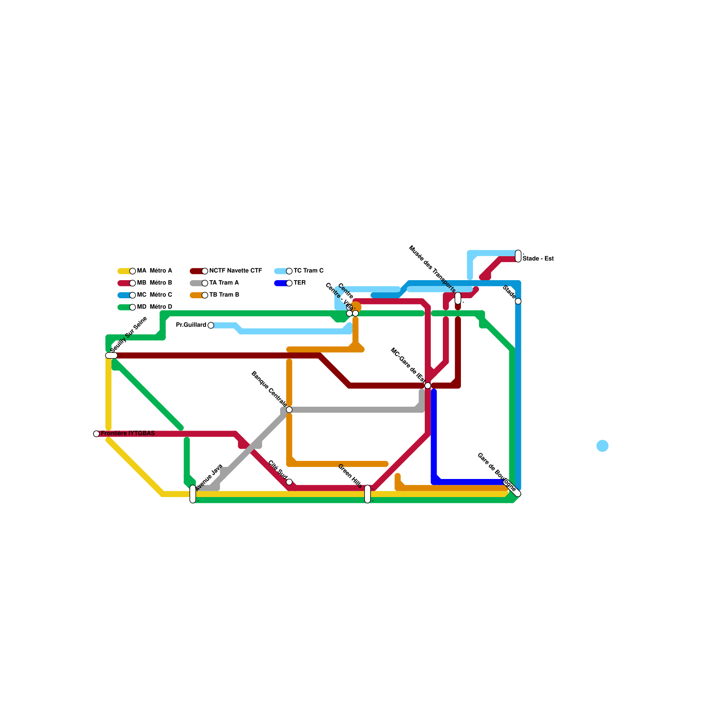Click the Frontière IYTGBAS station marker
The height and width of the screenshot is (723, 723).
pyautogui.click(x=96, y=434)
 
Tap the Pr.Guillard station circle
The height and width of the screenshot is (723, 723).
pyautogui.click(x=211, y=325)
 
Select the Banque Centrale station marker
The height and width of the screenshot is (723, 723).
pyautogui.click(x=289, y=410)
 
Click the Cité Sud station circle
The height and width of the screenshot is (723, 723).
pyautogui.click(x=289, y=482)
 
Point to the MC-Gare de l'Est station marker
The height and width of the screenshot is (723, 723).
pyautogui.click(x=427, y=385)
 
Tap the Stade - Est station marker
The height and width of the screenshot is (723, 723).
pyautogui.click(x=518, y=256)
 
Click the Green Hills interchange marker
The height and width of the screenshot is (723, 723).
pyautogui.click(x=367, y=494)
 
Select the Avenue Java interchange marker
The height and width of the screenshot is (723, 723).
pyautogui.click(x=193, y=494)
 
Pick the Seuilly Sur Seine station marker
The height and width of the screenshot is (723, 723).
pyautogui.click(x=111, y=356)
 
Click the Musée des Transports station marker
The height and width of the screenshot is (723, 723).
pyautogui.click(x=458, y=298)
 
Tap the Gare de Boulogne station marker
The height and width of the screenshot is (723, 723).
pyautogui.click(x=512, y=488)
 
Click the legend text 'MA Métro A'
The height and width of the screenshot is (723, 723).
pyautogui.click(x=155, y=271)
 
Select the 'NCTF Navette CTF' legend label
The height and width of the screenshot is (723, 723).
pyautogui.click(x=235, y=271)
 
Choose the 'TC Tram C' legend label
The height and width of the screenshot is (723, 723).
pyautogui.click(x=309, y=271)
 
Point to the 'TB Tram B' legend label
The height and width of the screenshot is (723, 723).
pyautogui.click(x=224, y=295)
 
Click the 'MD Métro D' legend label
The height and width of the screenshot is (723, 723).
pyautogui.click(x=155, y=307)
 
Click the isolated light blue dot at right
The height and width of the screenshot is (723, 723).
pyautogui.click(x=602, y=446)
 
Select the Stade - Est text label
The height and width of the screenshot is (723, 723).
pyautogui.click(x=538, y=259)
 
